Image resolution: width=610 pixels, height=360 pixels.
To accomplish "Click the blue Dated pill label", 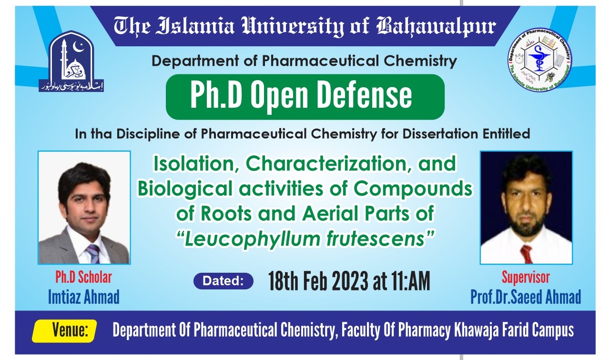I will click(224, 281).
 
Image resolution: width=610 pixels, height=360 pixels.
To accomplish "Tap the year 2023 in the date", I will click(350, 282).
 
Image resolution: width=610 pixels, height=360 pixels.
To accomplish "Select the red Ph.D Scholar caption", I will click(83, 278).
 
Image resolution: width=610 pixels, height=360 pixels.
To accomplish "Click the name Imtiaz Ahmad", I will click(83, 297).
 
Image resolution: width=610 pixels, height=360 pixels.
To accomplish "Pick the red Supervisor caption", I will click(525, 278).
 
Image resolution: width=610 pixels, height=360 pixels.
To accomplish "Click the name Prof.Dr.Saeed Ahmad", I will click(526, 297).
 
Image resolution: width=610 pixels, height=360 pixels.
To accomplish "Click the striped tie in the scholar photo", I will click(92, 253).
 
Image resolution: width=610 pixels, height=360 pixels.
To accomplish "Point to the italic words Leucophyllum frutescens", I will click(305, 238).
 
